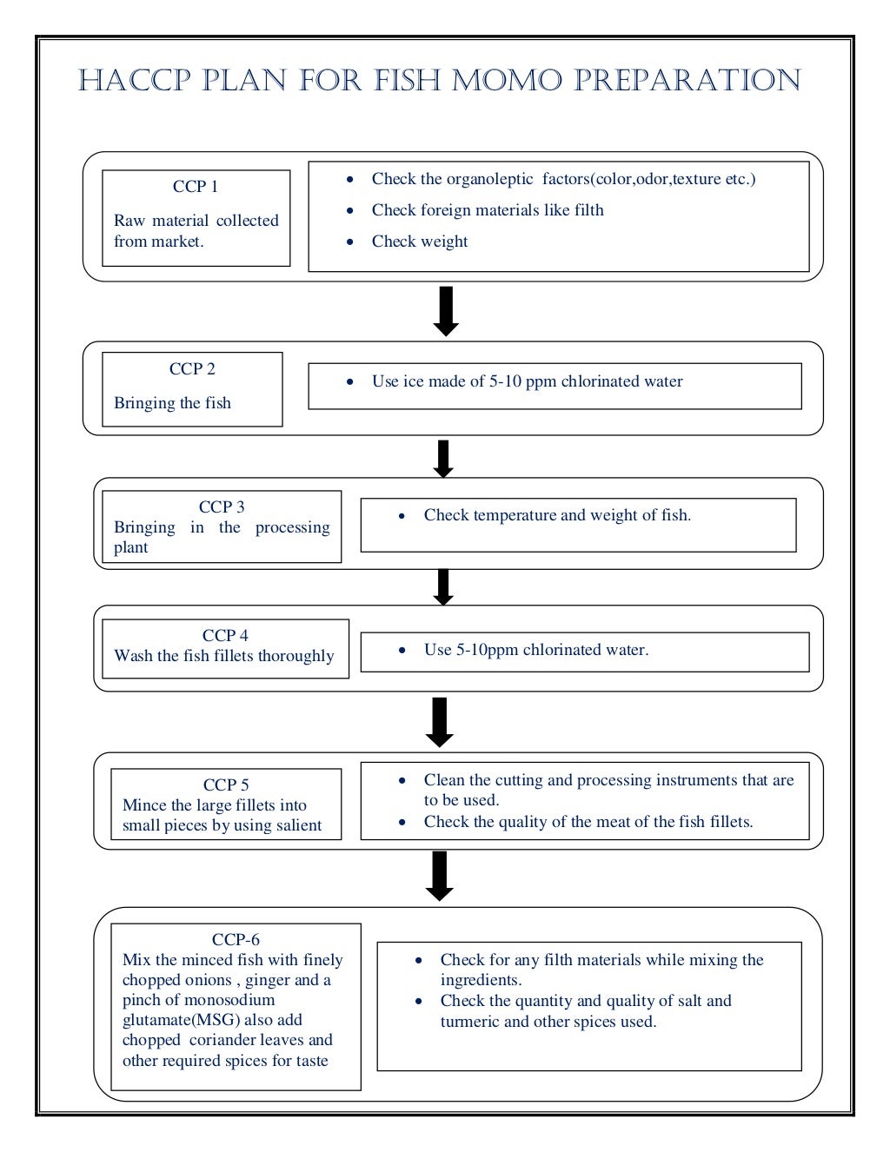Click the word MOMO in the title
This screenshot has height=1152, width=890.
pyautogui.click(x=507, y=81)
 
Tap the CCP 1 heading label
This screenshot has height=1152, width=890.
pyautogui.click(x=196, y=187)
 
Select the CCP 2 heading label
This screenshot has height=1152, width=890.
pyautogui.click(x=192, y=369)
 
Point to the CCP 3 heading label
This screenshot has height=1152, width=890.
pyautogui.click(x=222, y=507)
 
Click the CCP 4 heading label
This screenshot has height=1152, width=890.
pyautogui.click(x=225, y=636)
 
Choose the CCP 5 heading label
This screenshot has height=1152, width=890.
pyautogui.click(x=226, y=785)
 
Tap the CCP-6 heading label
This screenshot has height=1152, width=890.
pyautogui.click(x=236, y=940)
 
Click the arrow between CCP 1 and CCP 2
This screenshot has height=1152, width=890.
pyautogui.click(x=446, y=311)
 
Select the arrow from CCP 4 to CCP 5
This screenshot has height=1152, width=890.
pyautogui.click(x=440, y=722)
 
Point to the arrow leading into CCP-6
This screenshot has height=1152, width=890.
pyautogui.click(x=440, y=876)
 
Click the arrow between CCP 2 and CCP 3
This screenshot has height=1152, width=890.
pyautogui.click(x=443, y=459)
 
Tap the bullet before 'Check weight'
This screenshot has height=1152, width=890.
pyautogui.click(x=350, y=242)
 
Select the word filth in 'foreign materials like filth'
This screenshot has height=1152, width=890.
pyautogui.click(x=588, y=210)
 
